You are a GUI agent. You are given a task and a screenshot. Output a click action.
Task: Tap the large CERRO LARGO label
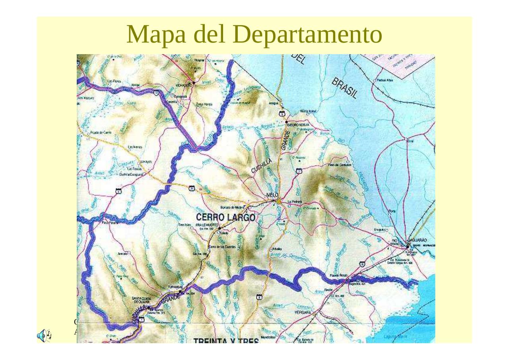point(225,218)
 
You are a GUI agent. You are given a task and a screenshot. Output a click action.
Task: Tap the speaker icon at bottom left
point(43,336)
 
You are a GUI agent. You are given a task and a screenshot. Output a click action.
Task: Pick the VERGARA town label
point(303,313)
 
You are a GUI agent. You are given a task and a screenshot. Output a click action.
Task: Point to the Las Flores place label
point(115,81)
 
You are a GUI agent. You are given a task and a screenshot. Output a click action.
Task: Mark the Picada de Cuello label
point(101,132)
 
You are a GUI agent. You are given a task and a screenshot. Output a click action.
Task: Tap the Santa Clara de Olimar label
point(141,299)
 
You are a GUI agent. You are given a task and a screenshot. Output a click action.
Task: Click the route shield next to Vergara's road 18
point(362,264)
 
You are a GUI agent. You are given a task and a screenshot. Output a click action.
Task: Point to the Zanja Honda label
point(204,104)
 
